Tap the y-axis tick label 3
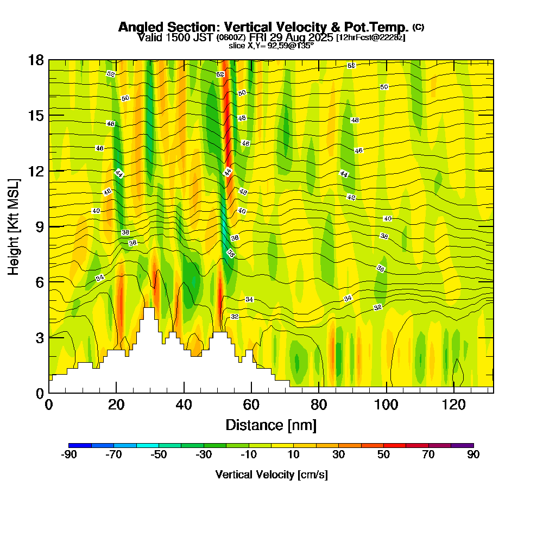[x=39, y=337]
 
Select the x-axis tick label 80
[x=319, y=405]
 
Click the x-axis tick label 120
[x=453, y=405]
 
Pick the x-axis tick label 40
[x=184, y=405]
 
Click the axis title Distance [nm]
[x=271, y=425]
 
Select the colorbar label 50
[x=383, y=454]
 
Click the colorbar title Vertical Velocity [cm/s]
[x=271, y=475]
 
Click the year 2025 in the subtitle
[x=320, y=37]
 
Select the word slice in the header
[x=237, y=46]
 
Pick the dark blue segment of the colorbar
[x=80, y=445]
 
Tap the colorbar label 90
[x=473, y=454]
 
